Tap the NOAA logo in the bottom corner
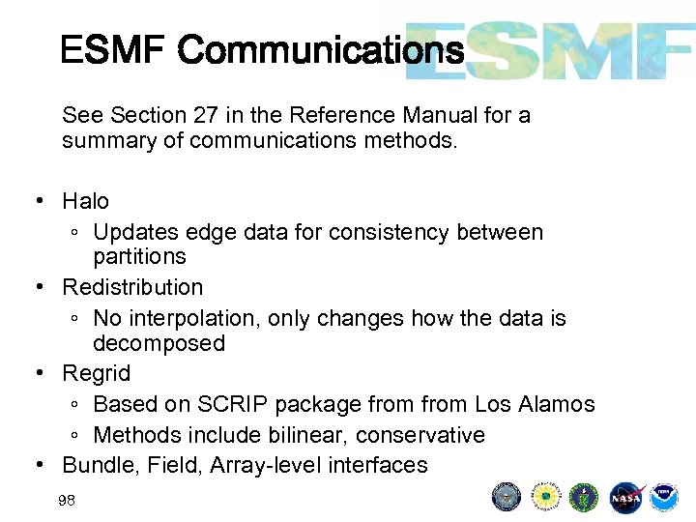tap(663, 497)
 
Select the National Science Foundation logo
tap(546, 497)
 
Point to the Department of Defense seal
tap(507, 497)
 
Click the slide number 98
tap(67, 500)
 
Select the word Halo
tap(86, 201)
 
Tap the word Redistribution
tap(132, 287)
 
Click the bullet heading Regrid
tap(96, 373)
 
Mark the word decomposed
tap(159, 343)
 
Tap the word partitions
tap(139, 256)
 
